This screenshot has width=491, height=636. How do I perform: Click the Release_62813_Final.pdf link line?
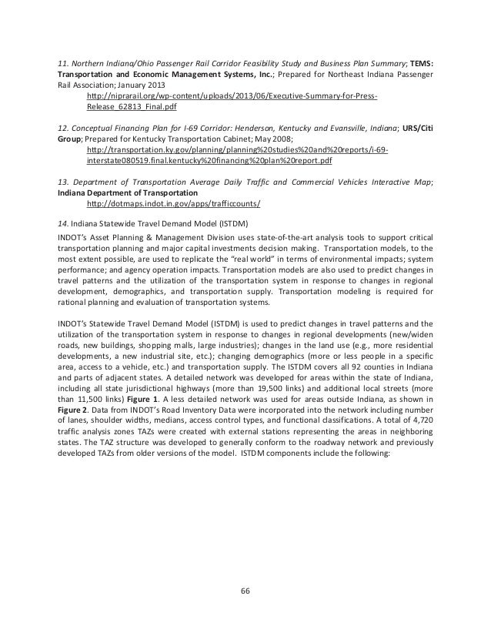(135, 109)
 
